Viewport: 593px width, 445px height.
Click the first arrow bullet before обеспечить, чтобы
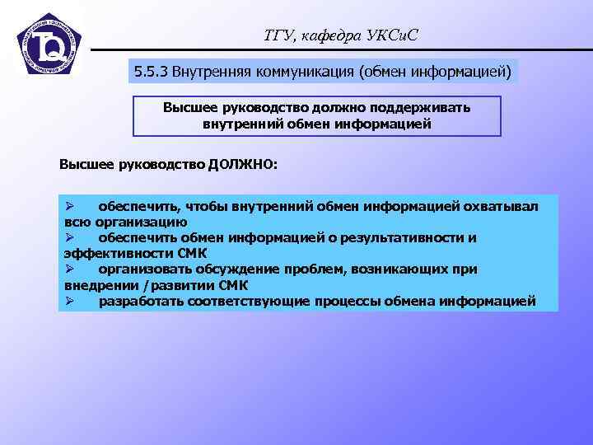pyautogui.click(x=70, y=206)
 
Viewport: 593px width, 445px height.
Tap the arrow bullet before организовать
pyautogui.click(x=70, y=269)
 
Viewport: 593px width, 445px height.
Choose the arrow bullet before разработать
pyautogui.click(x=70, y=301)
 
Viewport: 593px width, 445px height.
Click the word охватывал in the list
pyautogui.click(x=503, y=206)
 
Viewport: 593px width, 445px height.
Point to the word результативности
pyautogui.click(x=409, y=238)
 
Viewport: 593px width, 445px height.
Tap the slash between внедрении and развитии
pyautogui.click(x=146, y=285)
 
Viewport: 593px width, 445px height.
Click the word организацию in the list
pyautogui.click(x=142, y=222)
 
